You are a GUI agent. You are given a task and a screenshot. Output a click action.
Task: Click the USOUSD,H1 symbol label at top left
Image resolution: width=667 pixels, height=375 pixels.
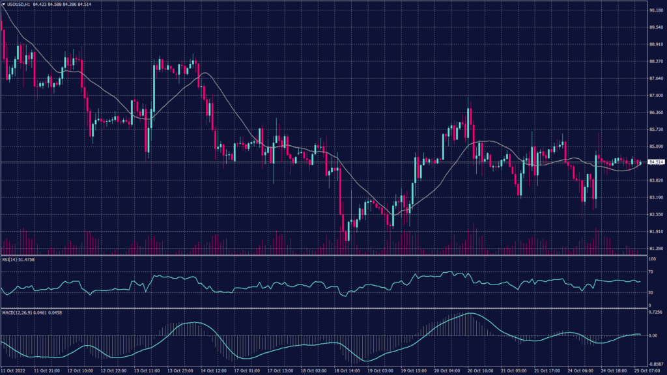[20, 4]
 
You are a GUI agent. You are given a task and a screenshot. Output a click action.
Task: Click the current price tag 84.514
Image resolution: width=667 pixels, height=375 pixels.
[656, 161]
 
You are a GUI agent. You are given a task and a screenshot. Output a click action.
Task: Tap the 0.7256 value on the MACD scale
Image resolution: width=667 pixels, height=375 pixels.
[654, 313]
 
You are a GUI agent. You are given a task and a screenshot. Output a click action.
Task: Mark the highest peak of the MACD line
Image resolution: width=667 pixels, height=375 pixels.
[469, 313]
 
